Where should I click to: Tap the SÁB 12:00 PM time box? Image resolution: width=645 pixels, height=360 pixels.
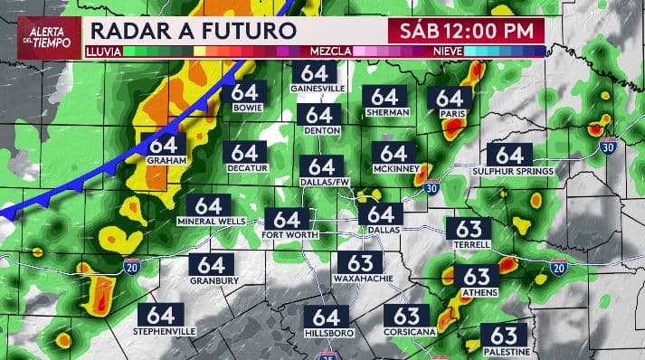466,30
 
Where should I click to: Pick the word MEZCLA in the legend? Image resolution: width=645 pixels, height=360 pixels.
330,52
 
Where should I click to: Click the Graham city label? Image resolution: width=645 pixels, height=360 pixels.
166,160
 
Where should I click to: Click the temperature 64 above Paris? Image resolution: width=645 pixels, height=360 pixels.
449,98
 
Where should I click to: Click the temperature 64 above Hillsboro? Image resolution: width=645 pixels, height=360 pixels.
327,317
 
